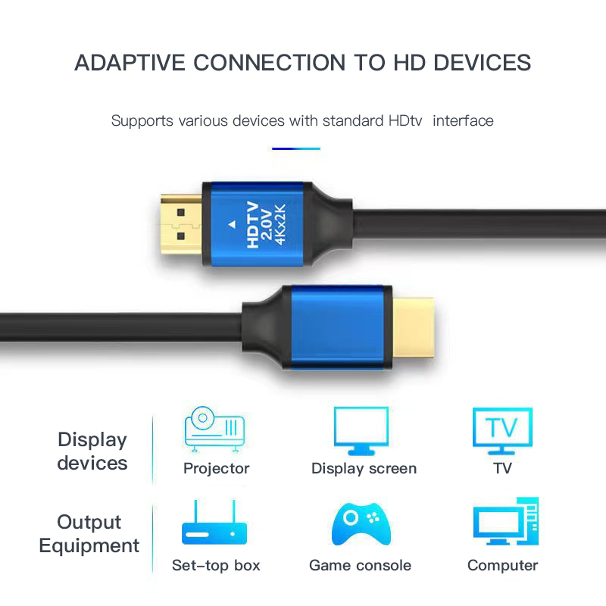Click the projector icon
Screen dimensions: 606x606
214,429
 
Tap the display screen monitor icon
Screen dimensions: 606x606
361,431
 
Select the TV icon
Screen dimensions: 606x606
502,431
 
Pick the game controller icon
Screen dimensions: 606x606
361,523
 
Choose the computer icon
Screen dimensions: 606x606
506,521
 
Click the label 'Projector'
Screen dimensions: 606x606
217,468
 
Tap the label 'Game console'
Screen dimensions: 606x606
361,565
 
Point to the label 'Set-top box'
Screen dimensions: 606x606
216,565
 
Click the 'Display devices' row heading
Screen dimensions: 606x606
92,451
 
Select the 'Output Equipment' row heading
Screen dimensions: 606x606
89,534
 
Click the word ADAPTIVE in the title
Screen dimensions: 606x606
130,63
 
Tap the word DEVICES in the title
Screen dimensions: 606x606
483,63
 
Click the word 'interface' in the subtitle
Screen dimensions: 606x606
463,121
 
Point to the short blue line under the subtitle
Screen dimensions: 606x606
296,148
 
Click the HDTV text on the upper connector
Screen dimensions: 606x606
252,224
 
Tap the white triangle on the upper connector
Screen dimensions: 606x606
232,224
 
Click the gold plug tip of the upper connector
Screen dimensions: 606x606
181,224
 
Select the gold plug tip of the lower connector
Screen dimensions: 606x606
413,328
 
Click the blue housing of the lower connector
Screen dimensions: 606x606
337,328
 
